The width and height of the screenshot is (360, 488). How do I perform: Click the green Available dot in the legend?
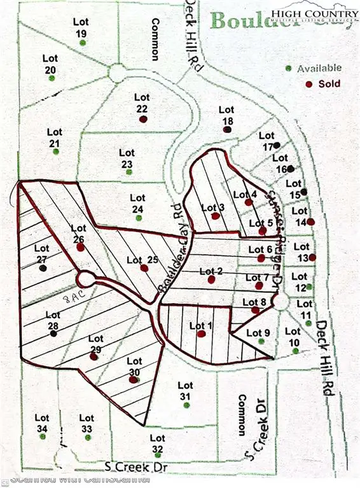point(289,68)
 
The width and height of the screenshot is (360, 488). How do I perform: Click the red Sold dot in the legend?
point(309,84)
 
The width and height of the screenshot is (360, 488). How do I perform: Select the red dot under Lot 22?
point(143,118)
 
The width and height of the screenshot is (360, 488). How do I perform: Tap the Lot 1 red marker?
point(201,334)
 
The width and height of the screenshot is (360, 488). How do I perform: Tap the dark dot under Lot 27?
point(43,268)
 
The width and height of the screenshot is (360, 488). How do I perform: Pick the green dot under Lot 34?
point(43,438)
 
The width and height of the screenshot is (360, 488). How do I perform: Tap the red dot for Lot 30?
point(133,379)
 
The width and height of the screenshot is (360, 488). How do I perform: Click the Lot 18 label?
point(227,115)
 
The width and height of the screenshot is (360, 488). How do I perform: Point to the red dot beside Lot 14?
point(311,221)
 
